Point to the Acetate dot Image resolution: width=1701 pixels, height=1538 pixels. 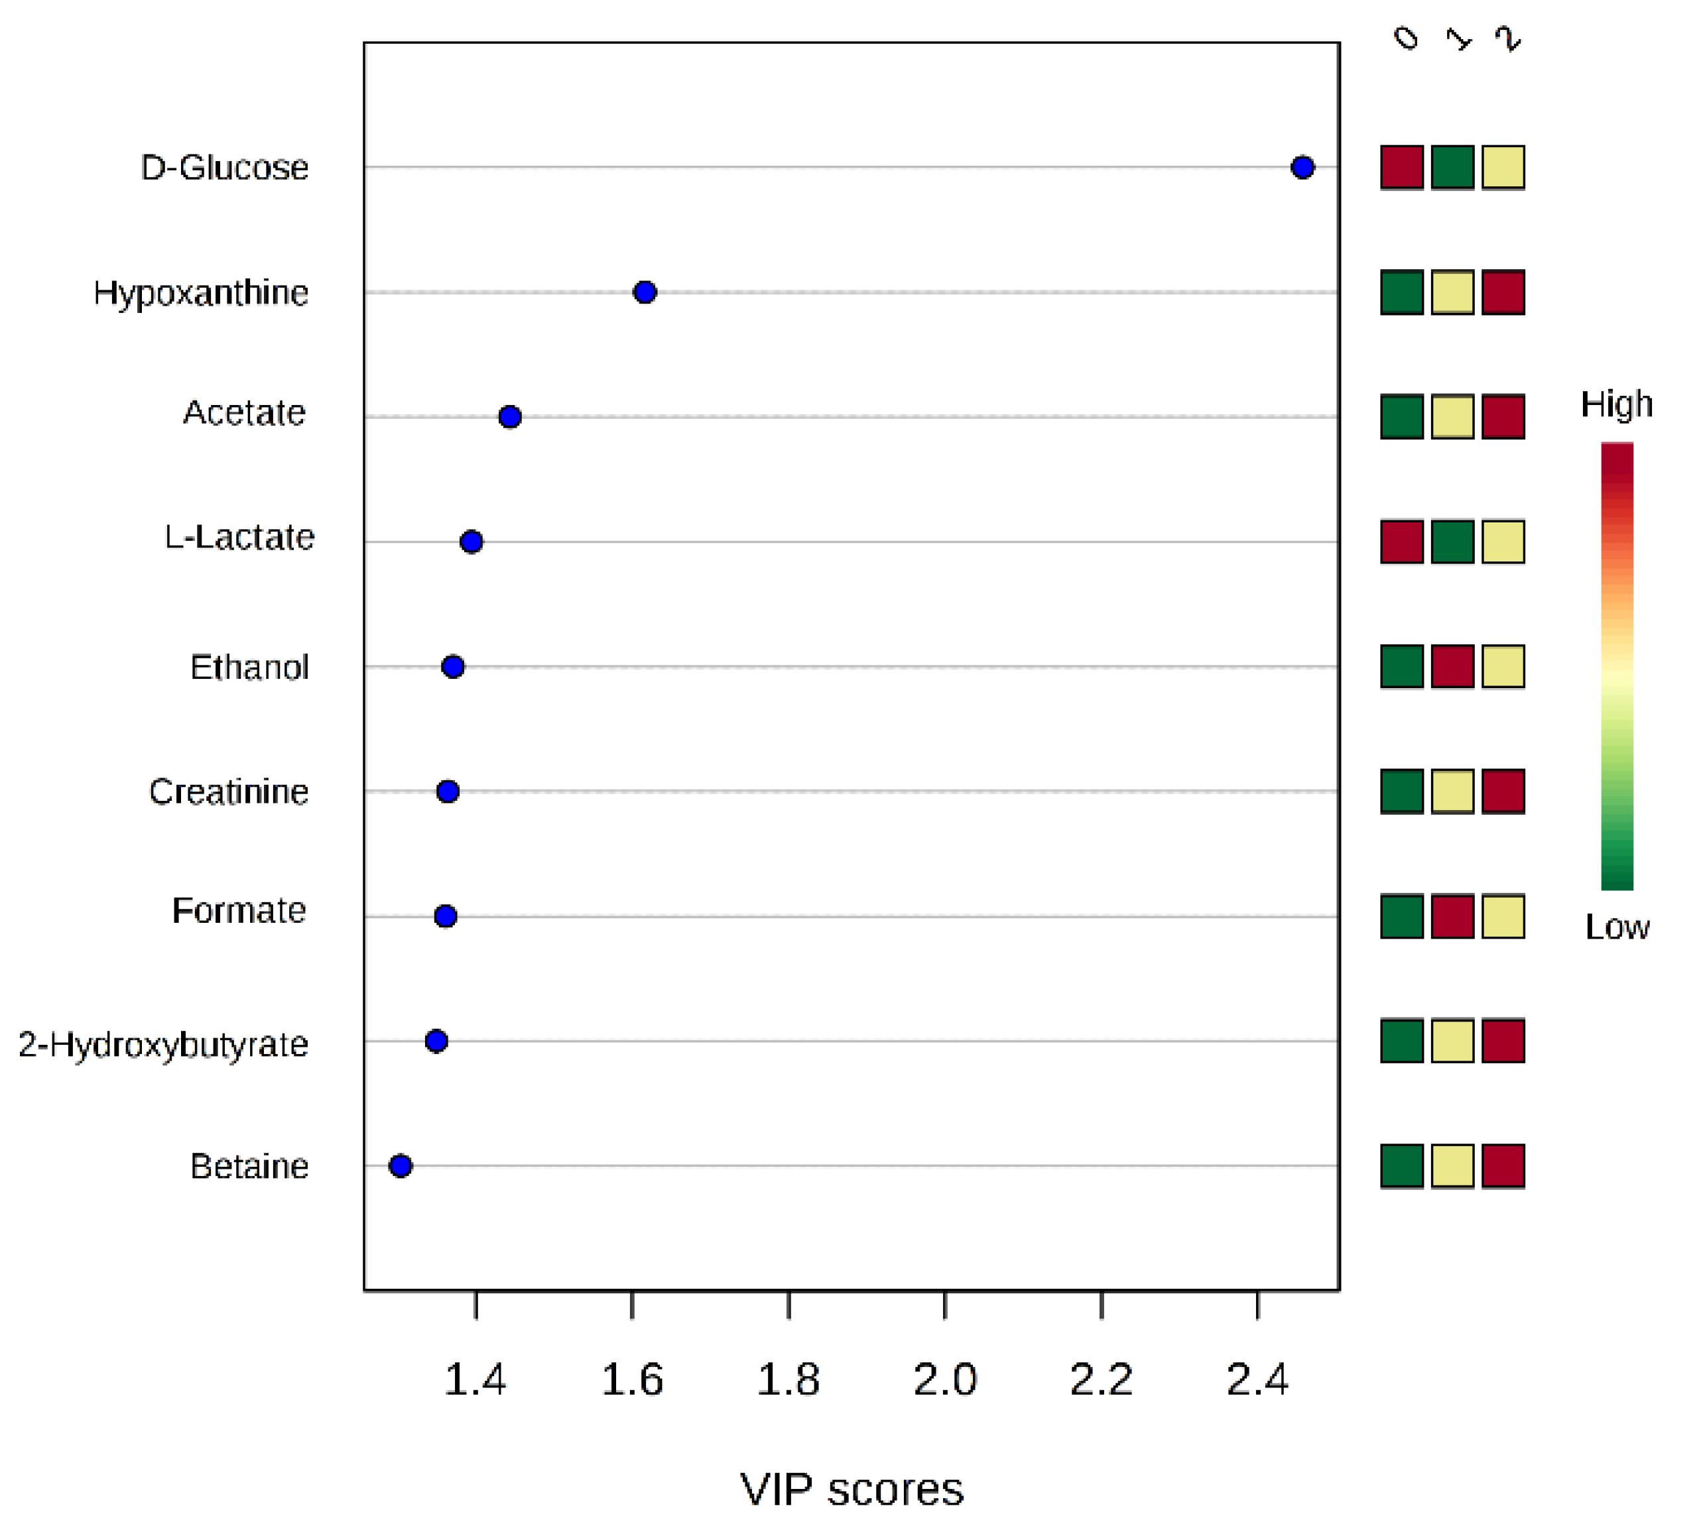pos(509,417)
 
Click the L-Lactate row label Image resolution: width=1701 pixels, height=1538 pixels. pos(239,538)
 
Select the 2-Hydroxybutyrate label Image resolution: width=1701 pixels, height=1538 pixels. pos(163,1045)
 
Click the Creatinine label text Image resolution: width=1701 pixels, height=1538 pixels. pos(229,792)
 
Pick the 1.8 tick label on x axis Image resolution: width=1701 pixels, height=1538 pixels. pos(788,1380)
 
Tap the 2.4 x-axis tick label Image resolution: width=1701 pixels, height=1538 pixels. pos(1257,1380)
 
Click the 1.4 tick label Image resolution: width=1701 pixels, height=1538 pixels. pos(475,1380)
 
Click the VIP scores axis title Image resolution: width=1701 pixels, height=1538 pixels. pos(851,1489)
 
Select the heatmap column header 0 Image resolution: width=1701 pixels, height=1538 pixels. pos(1406,38)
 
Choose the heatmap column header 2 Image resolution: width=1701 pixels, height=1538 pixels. pos(1508,38)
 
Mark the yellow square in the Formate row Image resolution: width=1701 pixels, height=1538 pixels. pos(1503,916)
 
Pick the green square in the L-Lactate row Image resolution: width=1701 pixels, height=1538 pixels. pos(1452,542)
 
